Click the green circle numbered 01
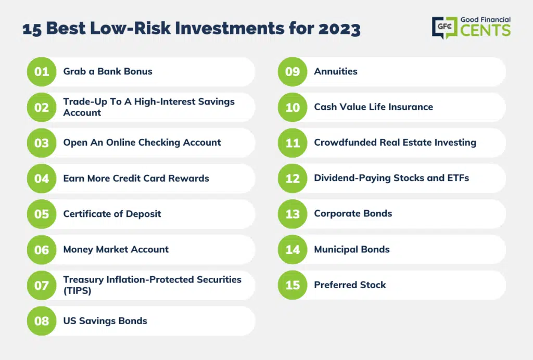[42, 72]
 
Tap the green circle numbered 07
[42, 285]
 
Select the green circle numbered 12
[293, 178]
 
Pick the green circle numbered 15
[293, 285]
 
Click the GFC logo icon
[445, 27]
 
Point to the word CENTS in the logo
[486, 30]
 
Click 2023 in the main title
[339, 29]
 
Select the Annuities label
[336, 71]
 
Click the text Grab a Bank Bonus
[108, 71]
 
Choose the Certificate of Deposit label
[112, 214]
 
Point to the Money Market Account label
[116, 249]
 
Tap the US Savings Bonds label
[105, 321]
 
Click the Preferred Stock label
[350, 285]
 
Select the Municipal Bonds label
[352, 249]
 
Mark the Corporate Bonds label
[353, 214]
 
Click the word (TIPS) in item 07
[77, 291]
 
